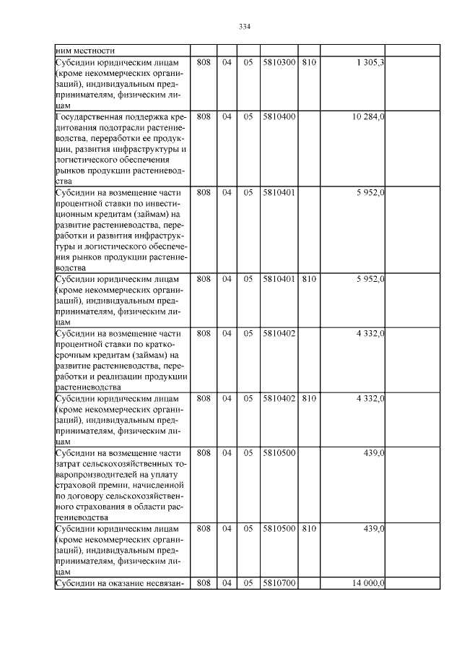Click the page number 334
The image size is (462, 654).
point(244,27)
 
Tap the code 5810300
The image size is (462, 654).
point(279,63)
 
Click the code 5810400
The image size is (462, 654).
point(279,116)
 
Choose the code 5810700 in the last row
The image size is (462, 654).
point(279,582)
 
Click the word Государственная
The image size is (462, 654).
point(91,116)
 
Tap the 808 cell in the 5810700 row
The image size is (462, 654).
point(204,582)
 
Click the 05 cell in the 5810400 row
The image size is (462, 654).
point(248,116)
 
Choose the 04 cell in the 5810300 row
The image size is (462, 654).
point(227,63)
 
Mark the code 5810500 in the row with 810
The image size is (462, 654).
point(279,529)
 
